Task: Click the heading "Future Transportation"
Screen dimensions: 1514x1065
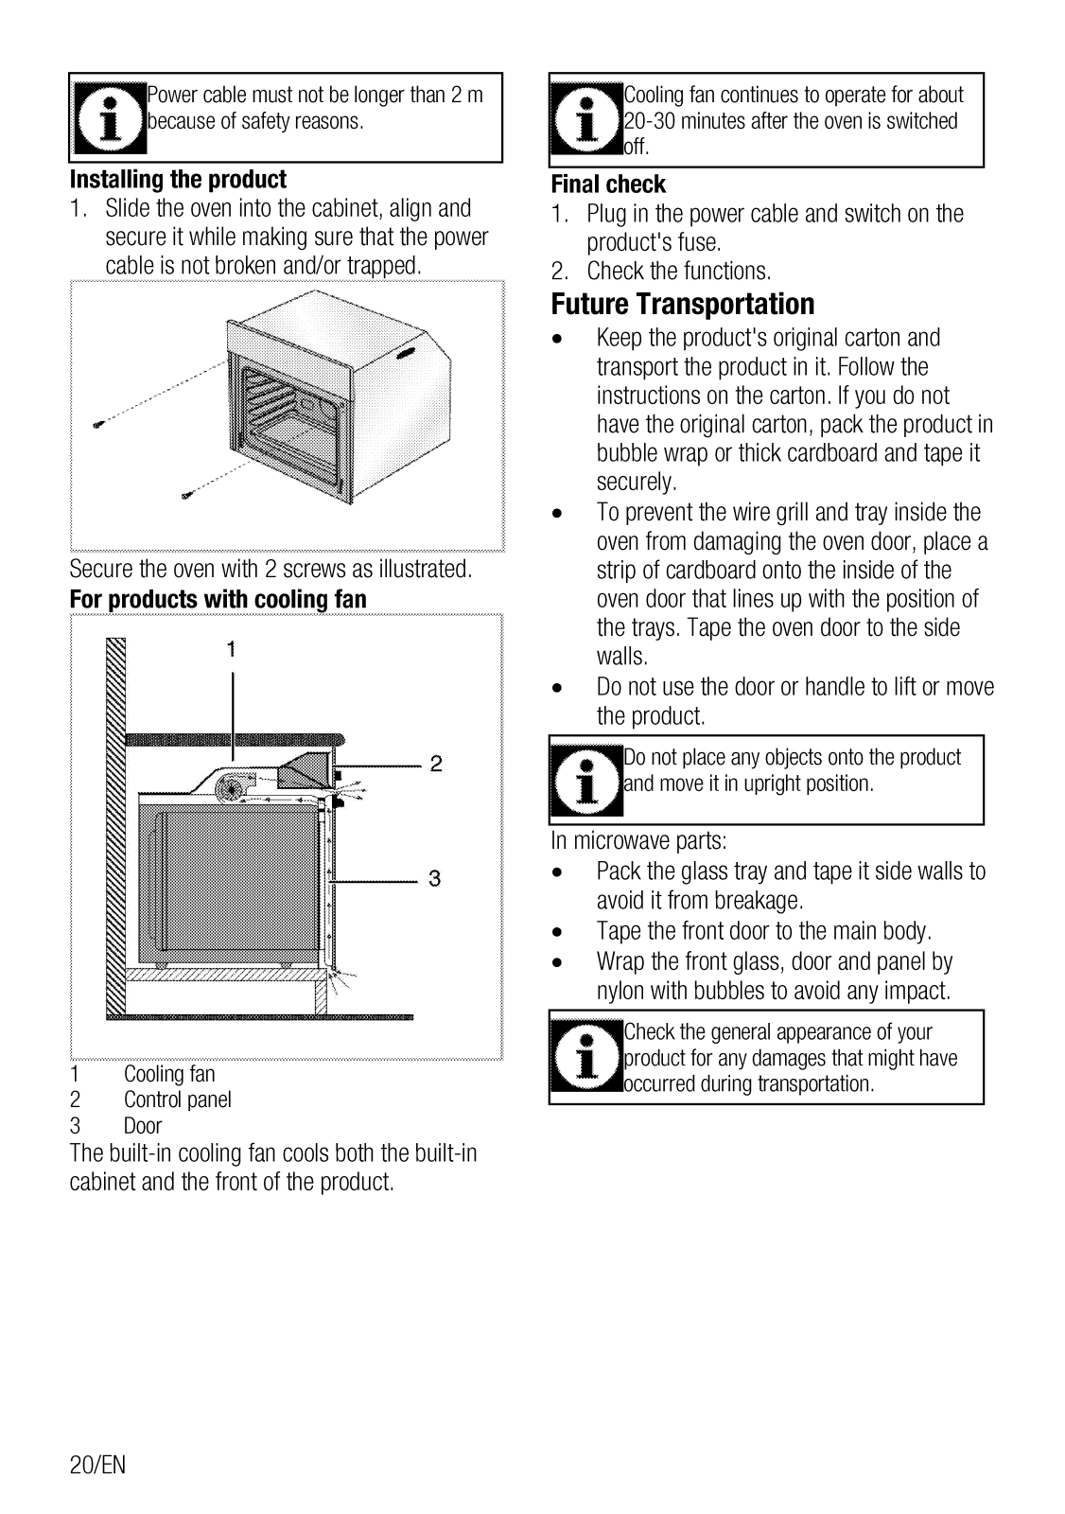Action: (682, 305)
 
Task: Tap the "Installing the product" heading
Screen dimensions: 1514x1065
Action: (178, 180)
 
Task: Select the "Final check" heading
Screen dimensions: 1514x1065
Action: (608, 185)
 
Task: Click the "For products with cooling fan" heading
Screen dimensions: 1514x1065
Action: (218, 600)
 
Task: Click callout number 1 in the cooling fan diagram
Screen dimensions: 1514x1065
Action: (231, 649)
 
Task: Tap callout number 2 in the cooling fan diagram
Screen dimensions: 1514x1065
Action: (436, 764)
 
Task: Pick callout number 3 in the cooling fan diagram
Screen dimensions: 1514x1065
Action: (434, 879)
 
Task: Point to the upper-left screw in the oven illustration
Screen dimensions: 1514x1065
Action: (97, 425)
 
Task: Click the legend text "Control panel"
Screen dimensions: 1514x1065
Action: (177, 1100)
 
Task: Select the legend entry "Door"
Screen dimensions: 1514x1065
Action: (143, 1126)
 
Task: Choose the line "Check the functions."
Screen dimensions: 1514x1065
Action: (678, 272)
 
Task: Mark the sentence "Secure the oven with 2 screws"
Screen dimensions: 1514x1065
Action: (271, 570)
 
